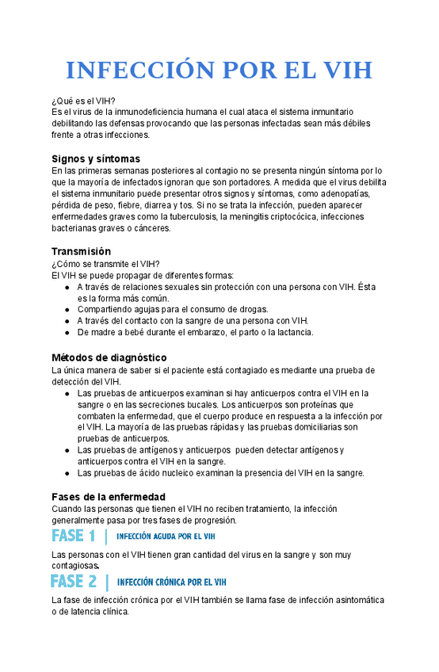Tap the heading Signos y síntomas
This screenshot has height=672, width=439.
(x=96, y=158)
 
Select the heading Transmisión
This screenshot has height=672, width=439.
(x=81, y=251)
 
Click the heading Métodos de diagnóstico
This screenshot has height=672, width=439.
(x=109, y=357)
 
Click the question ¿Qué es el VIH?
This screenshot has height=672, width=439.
(x=83, y=100)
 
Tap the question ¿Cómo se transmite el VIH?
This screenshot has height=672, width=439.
(x=105, y=264)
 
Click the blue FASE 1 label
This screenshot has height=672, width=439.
(x=73, y=536)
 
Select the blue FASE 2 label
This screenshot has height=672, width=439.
(x=74, y=582)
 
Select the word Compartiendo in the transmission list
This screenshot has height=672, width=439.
(x=105, y=309)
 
